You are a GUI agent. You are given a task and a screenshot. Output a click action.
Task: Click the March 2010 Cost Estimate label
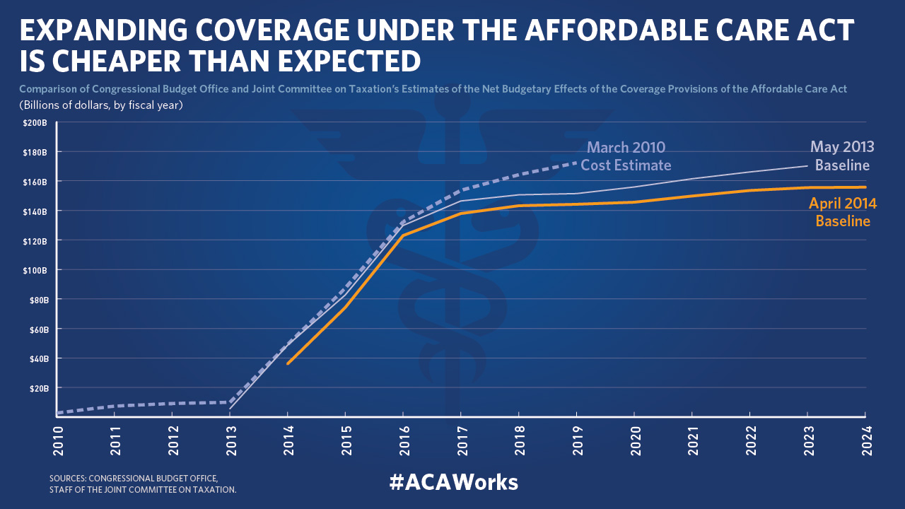coord(626,156)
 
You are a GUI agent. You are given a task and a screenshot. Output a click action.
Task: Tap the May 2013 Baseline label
coord(841,156)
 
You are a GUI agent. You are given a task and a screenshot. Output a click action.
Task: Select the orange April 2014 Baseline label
coord(842,212)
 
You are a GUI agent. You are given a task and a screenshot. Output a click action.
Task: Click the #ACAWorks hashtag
coord(453,482)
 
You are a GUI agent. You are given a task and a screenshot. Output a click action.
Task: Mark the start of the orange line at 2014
coord(288,363)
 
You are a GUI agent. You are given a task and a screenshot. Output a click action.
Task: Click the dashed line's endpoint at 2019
coord(576,163)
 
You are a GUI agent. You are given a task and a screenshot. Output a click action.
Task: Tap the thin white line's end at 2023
coord(807,165)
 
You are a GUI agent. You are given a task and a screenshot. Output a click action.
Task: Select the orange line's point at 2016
coord(403,235)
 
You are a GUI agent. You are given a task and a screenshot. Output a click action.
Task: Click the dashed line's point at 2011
coord(115,406)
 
